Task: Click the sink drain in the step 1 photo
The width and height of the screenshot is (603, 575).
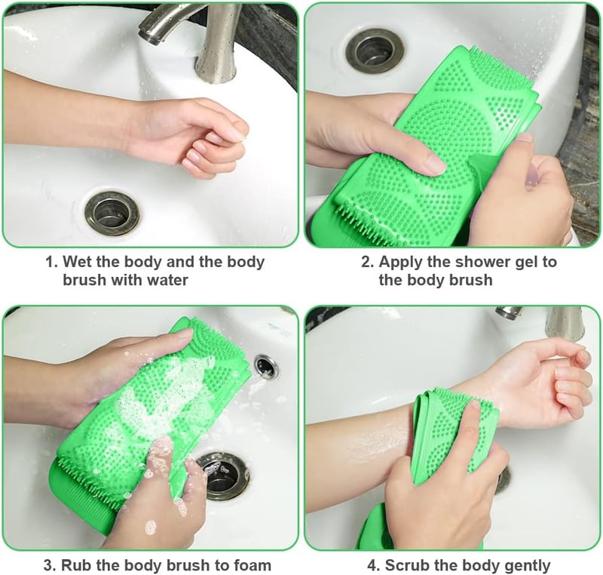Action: pyautogui.click(x=112, y=214)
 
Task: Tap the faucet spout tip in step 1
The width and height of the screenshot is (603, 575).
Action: pyautogui.click(x=148, y=37)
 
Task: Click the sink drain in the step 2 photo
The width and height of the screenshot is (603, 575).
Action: pyautogui.click(x=375, y=51)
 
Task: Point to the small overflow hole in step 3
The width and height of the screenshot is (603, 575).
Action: pyautogui.click(x=266, y=367)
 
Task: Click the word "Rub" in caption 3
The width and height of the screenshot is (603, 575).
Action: pyautogui.click(x=76, y=565)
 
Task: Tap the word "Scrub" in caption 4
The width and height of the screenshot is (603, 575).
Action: pyautogui.click(x=407, y=565)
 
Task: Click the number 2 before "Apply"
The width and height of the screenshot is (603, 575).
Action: pyautogui.click(x=367, y=262)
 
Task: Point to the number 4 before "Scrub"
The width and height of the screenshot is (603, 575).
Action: pyautogui.click(x=373, y=566)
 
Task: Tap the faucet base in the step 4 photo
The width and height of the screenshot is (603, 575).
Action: pyautogui.click(x=565, y=322)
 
